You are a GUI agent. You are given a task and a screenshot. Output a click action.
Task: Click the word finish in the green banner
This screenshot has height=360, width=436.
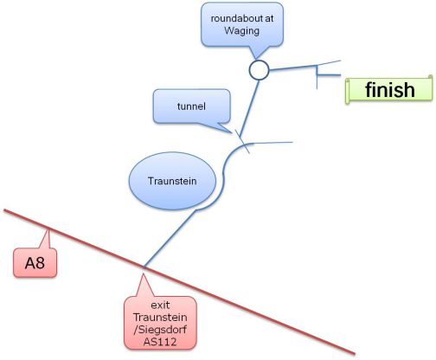(390, 90)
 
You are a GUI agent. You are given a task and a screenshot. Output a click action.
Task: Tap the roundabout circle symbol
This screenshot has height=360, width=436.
(259, 70)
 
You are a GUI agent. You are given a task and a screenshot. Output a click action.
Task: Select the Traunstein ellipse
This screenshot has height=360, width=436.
(172, 181)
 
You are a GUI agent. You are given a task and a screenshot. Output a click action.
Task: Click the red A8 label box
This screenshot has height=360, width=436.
(35, 263)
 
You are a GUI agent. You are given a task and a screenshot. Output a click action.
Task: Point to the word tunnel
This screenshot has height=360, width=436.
(191, 106)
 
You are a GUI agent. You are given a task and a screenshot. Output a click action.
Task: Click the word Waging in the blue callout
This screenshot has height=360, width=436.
(242, 30)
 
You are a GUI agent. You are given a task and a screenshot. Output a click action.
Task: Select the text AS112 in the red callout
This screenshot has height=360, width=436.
(160, 342)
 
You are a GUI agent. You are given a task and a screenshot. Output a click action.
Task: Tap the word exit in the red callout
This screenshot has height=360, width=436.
(160, 305)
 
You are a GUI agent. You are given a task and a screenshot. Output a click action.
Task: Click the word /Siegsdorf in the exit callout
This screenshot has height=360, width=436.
(160, 330)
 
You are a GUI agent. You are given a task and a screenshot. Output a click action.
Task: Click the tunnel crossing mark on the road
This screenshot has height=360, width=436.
(242, 142)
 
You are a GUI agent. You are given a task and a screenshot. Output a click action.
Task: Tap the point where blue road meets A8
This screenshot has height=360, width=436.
(144, 267)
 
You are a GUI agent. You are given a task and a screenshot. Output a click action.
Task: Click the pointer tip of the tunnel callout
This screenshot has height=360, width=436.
(233, 133)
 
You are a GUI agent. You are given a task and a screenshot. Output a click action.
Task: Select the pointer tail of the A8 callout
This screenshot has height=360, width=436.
(48, 229)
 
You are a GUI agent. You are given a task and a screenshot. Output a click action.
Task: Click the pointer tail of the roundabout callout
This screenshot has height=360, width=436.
(256, 59)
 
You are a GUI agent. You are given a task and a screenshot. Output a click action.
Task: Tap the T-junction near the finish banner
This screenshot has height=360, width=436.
(317, 75)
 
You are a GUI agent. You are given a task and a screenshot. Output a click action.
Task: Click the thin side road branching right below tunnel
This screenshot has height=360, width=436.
(272, 143)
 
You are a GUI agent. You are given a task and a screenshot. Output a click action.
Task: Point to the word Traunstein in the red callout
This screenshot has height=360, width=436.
(160, 318)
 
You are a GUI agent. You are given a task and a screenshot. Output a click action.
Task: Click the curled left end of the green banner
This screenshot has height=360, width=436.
(348, 91)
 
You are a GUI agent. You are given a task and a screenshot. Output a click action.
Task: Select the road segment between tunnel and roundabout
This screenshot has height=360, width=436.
(249, 108)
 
